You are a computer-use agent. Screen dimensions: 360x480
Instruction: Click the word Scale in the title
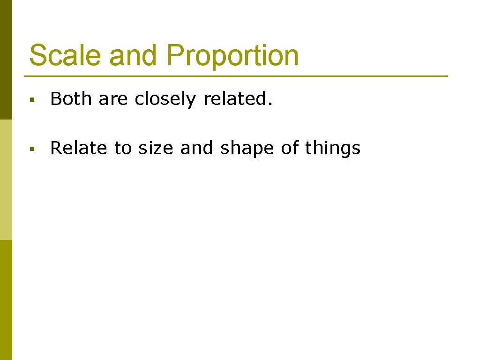(65, 55)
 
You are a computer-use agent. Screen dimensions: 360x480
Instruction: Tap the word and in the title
(134, 55)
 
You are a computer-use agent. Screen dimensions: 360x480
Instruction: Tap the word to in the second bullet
(123, 149)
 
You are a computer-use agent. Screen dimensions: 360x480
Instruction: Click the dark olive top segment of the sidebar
(6, 60)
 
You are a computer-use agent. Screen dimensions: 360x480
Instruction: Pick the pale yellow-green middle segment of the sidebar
(6, 180)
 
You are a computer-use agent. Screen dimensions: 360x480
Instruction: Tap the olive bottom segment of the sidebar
(6, 300)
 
